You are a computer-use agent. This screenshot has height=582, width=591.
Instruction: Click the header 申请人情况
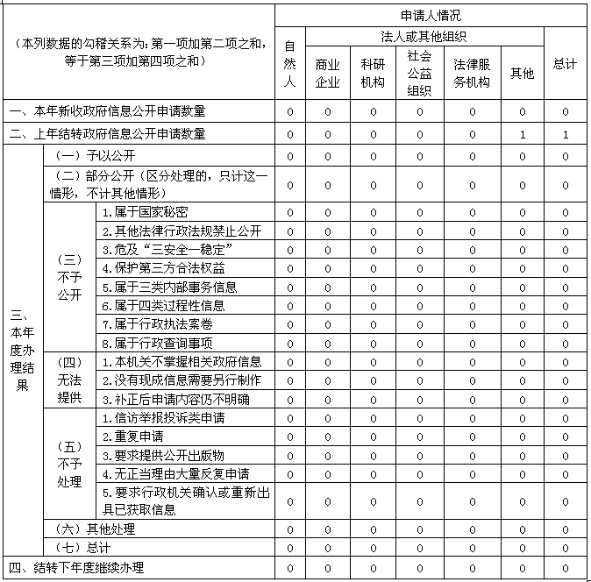point(431,16)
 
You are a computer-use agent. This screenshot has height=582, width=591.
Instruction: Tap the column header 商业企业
point(328,73)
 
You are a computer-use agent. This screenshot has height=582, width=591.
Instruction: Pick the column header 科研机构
point(373,73)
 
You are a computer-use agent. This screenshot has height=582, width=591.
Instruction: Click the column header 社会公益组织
point(419,73)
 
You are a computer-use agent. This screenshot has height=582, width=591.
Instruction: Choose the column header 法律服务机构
point(472,73)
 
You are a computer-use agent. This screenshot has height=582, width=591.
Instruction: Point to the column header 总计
point(566,64)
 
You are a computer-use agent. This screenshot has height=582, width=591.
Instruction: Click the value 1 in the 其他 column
point(522,134)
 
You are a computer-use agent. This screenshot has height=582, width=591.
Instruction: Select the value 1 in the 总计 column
point(566,134)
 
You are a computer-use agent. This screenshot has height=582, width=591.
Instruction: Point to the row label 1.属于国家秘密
point(145,212)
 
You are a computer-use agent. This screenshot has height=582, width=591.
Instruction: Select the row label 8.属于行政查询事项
point(157,343)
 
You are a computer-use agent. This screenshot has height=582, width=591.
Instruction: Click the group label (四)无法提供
point(69,380)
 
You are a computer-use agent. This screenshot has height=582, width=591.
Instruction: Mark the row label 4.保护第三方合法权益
point(163,268)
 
